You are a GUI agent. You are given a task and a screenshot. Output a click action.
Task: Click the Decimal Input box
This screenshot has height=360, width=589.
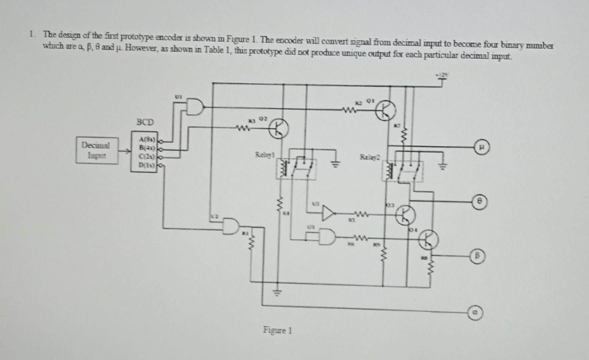click(x=97, y=151)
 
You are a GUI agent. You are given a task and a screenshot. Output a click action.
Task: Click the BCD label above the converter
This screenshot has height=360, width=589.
click(x=145, y=122)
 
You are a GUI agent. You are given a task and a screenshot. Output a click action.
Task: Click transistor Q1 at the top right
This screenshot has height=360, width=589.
click(x=386, y=110)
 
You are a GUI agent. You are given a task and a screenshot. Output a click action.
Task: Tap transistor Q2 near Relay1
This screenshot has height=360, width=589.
click(x=279, y=130)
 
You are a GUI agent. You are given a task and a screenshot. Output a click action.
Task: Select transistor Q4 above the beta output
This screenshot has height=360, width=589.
click(x=429, y=240)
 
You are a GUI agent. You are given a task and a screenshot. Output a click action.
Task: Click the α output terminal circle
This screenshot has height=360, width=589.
click(x=476, y=313)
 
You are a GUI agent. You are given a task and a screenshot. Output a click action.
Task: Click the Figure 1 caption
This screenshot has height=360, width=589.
click(x=277, y=330)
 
